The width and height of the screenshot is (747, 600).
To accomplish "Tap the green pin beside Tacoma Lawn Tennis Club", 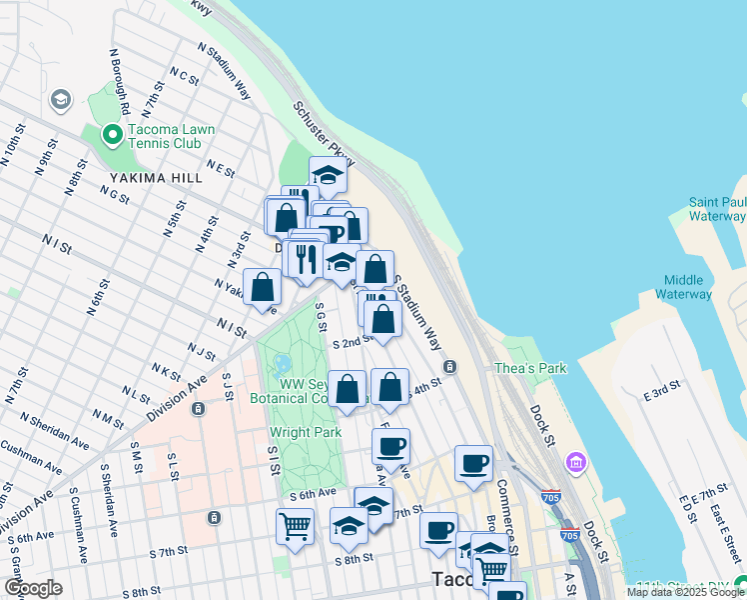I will click(112, 133).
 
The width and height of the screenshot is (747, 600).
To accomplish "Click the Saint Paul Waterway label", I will click(716, 209).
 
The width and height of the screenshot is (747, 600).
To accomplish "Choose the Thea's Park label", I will click(530, 368).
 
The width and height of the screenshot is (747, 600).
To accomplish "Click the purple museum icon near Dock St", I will click(575, 462).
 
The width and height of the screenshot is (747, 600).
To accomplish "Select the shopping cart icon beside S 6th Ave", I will click(296, 525).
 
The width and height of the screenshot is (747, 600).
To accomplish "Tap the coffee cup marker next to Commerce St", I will click(473, 463).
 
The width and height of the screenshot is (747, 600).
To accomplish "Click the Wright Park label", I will click(306, 433).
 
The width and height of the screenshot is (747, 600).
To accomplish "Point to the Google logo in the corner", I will click(33, 588).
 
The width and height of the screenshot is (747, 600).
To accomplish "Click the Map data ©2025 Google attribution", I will click(685, 592).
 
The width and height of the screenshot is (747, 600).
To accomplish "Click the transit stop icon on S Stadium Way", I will click(450, 366).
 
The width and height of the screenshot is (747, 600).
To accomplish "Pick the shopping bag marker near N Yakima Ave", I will click(262, 287).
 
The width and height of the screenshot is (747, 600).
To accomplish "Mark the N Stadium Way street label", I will click(223, 70).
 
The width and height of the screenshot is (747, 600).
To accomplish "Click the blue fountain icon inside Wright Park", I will click(282, 362).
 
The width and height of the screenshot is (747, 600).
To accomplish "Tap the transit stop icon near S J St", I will click(198, 408).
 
